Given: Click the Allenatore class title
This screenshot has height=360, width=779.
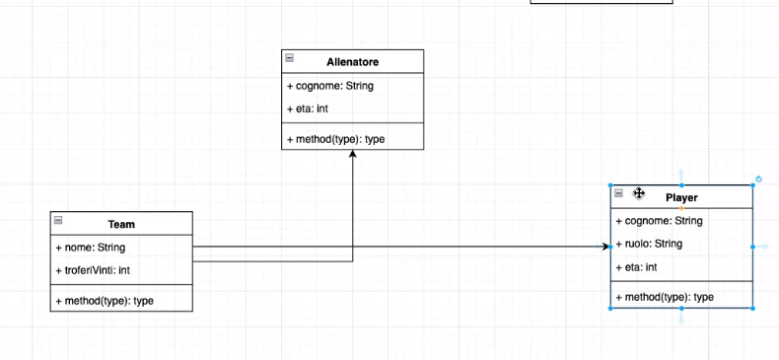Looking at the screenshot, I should [352, 62].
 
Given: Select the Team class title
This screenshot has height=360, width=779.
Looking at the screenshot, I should [121, 225].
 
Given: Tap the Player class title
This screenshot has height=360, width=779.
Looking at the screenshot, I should [681, 198].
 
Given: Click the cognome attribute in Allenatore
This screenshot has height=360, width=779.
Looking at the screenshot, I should [329, 86].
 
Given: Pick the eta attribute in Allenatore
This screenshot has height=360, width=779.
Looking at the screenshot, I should [308, 108].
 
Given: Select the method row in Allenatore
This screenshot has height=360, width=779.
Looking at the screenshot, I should [335, 139].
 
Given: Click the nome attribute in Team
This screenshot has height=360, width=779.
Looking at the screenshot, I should [90, 248].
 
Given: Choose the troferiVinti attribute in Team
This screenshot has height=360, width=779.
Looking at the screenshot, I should [100, 270].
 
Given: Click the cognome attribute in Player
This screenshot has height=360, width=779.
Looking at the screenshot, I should [659, 221].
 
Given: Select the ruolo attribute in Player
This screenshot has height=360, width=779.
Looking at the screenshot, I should [649, 244].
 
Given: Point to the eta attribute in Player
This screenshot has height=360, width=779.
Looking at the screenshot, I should [636, 267].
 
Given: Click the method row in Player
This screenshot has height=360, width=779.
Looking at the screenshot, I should [665, 297].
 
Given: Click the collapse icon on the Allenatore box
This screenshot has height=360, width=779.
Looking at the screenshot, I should [289, 59].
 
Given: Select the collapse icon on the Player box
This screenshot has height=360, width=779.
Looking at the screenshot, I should [618, 194].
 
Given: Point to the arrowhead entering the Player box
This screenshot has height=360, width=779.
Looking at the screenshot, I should [606, 247].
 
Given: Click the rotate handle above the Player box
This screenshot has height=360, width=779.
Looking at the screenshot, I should [758, 180].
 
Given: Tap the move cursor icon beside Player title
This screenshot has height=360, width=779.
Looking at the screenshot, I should [639, 194].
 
